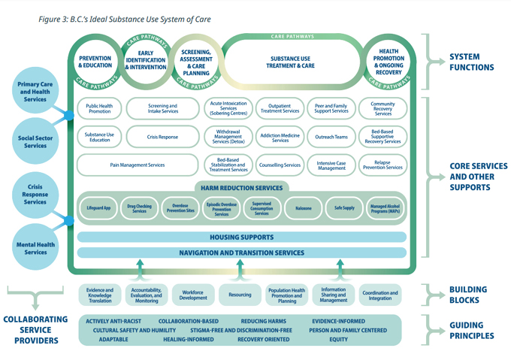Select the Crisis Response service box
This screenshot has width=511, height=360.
[x=162, y=138]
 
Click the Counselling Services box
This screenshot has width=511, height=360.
[x=280, y=165]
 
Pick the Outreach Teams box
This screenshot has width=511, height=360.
[x=331, y=138]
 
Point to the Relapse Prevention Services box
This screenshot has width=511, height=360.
[x=383, y=165]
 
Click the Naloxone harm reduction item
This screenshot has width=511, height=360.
[x=302, y=208]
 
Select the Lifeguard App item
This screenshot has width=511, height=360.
[x=98, y=208]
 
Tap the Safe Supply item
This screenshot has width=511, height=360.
[x=343, y=208]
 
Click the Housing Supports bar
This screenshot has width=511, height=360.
[x=241, y=237]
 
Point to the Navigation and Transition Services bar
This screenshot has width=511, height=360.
[x=241, y=253]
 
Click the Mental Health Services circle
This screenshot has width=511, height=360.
[x=35, y=247]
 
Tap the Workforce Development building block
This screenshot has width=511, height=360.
[x=193, y=294]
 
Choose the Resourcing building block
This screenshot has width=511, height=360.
[x=240, y=295]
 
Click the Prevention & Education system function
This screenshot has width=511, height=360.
[x=95, y=62]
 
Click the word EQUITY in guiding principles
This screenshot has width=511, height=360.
[x=337, y=340]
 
